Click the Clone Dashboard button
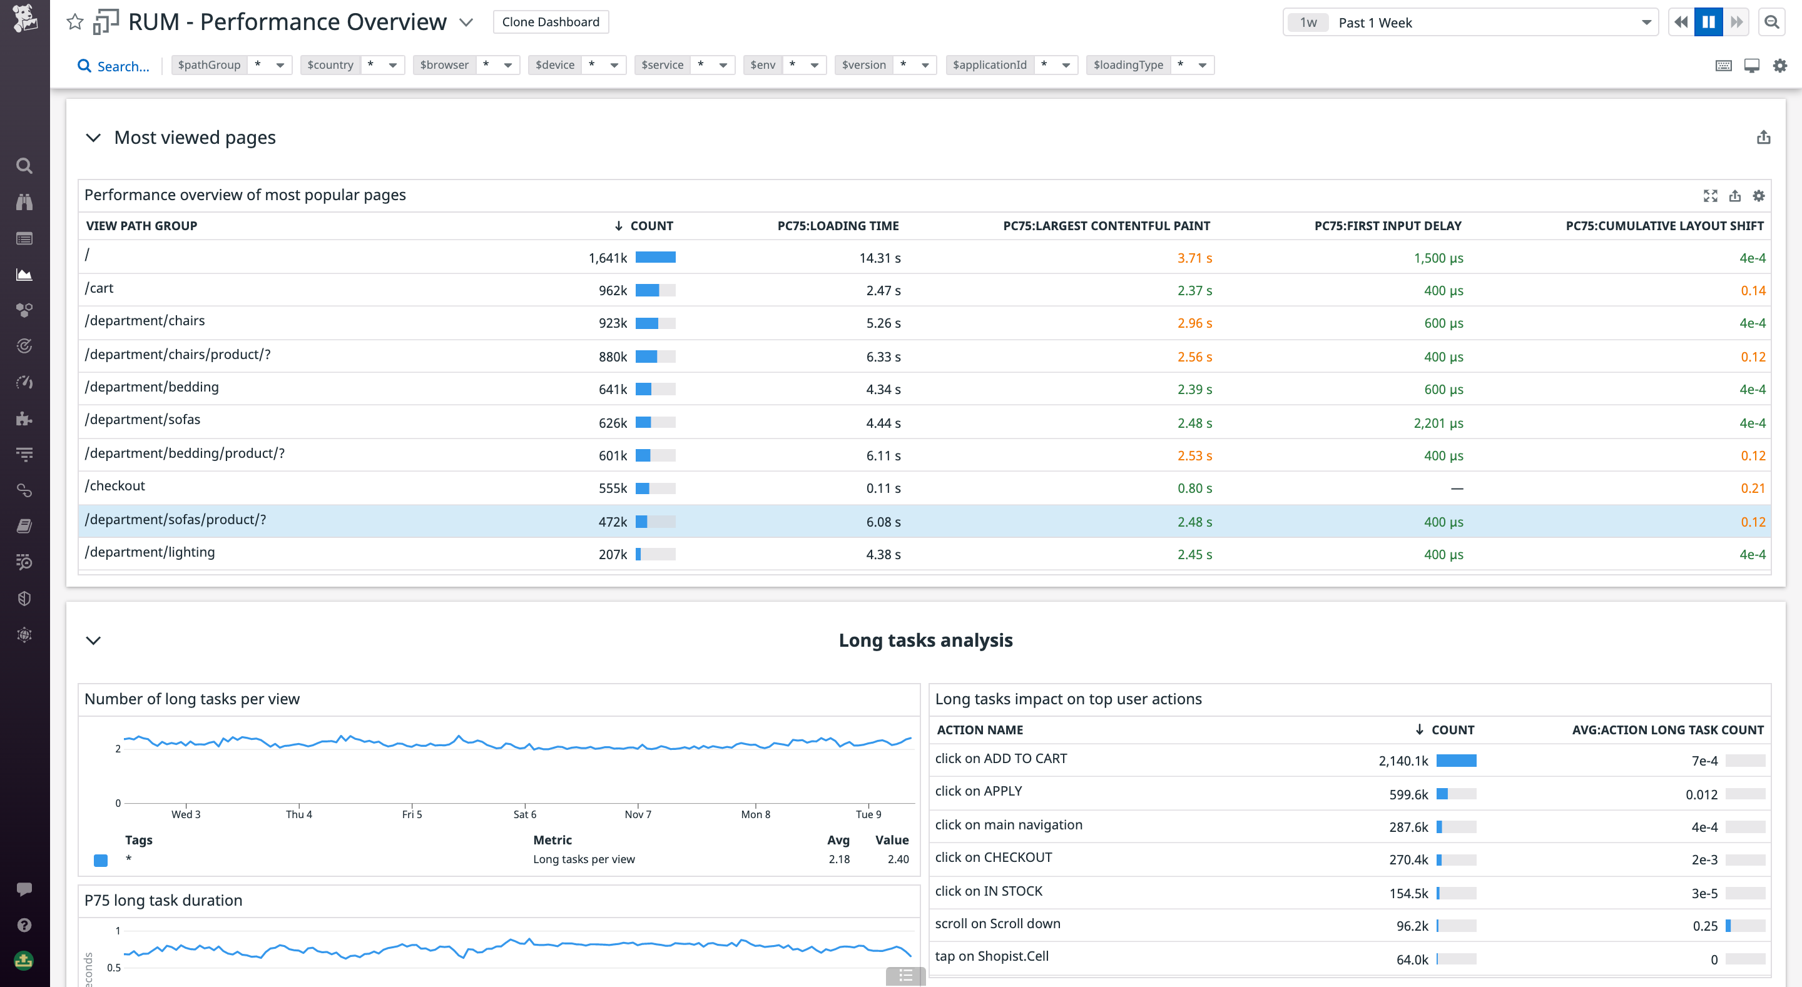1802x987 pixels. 551,22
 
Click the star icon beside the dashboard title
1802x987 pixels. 75,22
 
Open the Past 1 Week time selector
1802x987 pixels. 1470,23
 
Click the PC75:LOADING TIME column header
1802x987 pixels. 837,226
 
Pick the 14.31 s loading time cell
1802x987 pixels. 879,258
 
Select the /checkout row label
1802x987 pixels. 115,486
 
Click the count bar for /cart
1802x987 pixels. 654,290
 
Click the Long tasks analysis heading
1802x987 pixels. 925,640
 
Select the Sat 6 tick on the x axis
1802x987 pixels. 525,814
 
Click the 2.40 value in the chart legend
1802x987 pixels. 897,859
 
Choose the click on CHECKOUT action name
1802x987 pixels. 994,858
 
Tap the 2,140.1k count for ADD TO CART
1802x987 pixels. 1403,761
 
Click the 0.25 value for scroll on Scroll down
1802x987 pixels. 1705,926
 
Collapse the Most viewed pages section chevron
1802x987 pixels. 93,138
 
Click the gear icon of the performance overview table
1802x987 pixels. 1759,196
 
